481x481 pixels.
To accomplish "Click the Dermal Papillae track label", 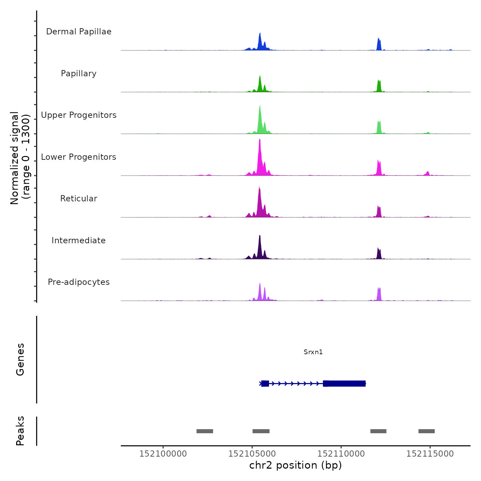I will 79,32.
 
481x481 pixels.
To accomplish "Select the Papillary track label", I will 79,74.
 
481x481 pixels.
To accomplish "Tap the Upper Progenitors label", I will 79,115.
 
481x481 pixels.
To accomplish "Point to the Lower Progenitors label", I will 79,157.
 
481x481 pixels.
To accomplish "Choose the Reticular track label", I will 79,199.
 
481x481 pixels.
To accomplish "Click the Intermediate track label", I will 79,240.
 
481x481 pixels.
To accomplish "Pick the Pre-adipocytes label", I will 79,282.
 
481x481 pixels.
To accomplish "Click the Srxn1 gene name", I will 313,352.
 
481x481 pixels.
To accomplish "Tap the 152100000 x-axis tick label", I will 163,454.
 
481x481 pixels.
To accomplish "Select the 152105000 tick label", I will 252,454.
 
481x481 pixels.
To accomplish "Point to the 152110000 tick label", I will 341,454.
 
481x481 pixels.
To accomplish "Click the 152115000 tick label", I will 430,454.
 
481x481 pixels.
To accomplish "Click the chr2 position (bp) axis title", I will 295,466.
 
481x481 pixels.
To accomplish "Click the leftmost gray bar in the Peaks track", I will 205,431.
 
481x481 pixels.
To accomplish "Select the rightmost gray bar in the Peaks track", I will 426,431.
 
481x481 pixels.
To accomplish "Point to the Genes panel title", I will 20,359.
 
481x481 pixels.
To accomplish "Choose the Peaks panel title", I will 20,431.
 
